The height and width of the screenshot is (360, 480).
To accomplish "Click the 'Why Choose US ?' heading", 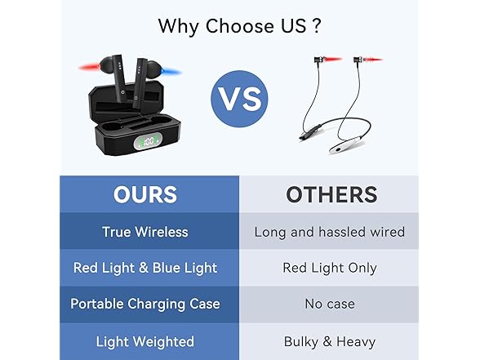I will (x=239, y=25).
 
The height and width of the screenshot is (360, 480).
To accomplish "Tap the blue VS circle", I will (x=240, y=100).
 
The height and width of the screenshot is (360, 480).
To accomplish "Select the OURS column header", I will (x=144, y=194).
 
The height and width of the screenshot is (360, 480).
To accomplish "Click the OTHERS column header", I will (x=331, y=194).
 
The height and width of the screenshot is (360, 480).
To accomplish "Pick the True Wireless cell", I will (x=144, y=232).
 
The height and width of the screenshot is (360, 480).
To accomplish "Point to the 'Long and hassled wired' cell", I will (x=329, y=232).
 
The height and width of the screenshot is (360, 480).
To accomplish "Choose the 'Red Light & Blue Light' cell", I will (x=144, y=268).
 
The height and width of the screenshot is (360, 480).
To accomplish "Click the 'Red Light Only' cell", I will (x=329, y=268).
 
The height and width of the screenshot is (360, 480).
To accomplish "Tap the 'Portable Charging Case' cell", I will (x=144, y=304).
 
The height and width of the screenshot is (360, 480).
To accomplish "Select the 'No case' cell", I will (x=329, y=304).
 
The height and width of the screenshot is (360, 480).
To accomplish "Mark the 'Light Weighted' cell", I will (x=144, y=341).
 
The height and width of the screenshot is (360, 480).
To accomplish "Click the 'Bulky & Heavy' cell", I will (x=329, y=341).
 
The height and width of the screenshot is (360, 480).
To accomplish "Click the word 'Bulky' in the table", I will (x=300, y=341).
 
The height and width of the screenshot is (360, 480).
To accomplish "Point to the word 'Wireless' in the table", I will (x=162, y=232).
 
